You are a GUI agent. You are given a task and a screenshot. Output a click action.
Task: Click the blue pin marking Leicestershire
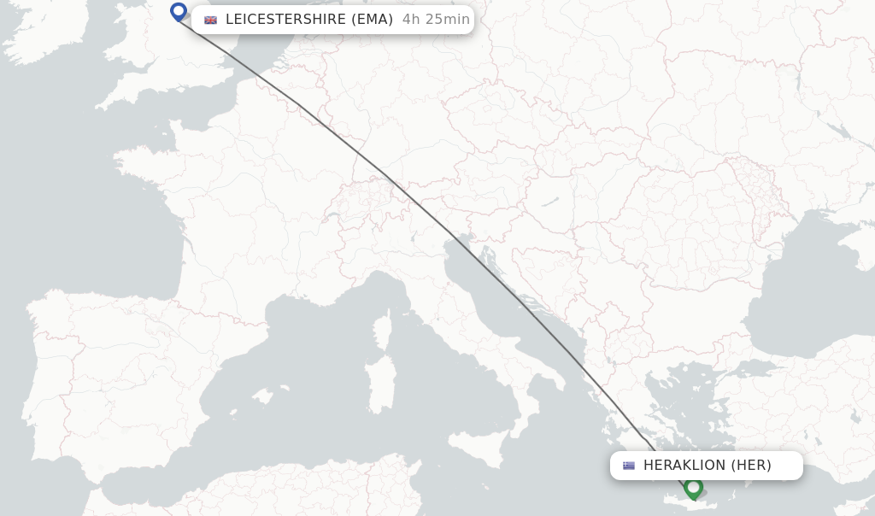tap(179, 12)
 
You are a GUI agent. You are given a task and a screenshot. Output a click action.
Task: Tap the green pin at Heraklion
tap(693, 488)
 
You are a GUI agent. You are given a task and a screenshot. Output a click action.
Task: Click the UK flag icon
tap(210, 20)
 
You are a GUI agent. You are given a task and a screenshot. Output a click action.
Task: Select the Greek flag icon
tap(629, 466)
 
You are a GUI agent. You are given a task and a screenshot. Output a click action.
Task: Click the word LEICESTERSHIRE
tap(285, 20)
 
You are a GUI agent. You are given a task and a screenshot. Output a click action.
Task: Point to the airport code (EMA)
tap(372, 20)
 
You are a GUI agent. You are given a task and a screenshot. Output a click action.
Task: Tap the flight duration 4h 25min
tap(436, 20)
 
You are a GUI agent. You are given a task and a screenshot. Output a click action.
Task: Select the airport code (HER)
tap(751, 466)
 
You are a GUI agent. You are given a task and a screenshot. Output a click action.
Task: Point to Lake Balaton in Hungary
tap(548, 202)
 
